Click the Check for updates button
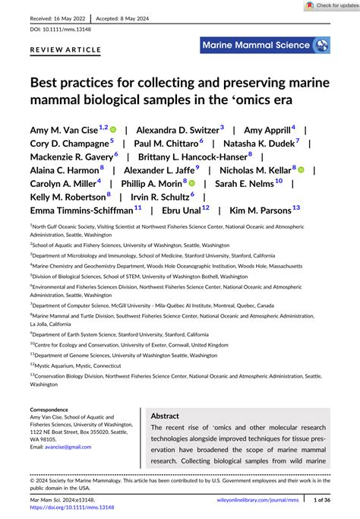330,5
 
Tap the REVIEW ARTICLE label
65,49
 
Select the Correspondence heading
55,409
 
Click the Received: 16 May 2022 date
58,15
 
